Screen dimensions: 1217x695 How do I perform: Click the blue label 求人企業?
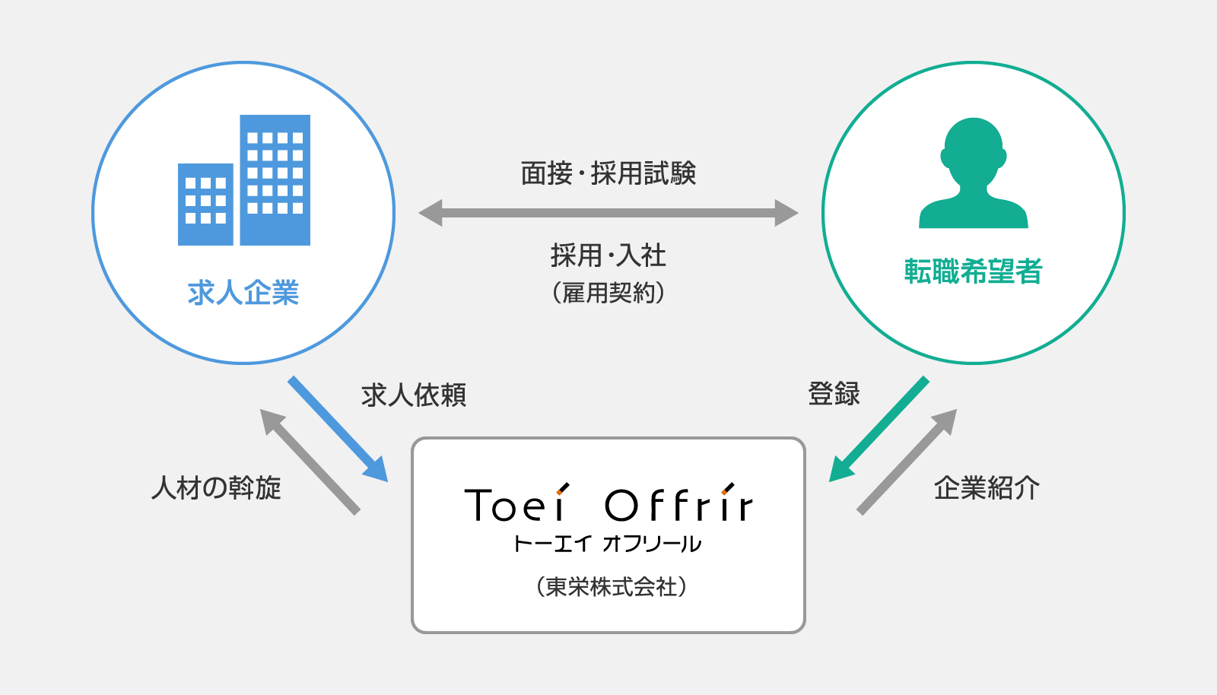(243, 294)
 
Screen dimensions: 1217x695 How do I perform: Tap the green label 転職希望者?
(973, 271)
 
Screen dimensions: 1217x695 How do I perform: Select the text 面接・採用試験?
(608, 173)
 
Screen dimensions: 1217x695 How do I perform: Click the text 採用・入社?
(608, 255)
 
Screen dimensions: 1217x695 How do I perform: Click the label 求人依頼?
(414, 395)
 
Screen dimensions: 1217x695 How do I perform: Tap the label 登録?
(834, 394)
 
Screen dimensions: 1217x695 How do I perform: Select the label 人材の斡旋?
(216, 487)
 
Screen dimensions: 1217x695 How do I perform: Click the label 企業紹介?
(987, 487)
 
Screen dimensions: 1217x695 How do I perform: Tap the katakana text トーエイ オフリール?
(608, 544)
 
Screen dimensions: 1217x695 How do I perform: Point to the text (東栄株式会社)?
(612, 587)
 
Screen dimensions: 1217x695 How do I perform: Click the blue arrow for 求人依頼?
(338, 429)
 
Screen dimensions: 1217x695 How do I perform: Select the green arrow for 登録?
(879, 429)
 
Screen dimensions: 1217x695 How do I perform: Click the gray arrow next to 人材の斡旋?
(310, 462)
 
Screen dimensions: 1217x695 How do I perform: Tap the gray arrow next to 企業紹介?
(907, 462)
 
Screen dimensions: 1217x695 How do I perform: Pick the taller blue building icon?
(275, 179)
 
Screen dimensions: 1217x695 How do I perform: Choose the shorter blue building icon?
(205, 204)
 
